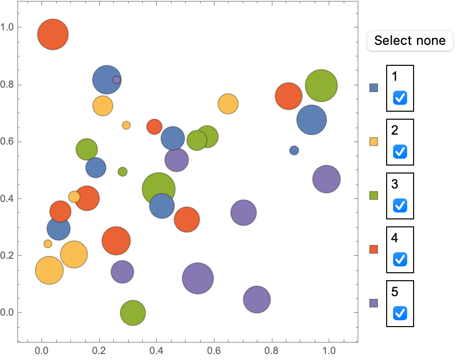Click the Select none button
click(x=410, y=40)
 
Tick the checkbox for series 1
click(x=400, y=98)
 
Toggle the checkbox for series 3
click(x=400, y=205)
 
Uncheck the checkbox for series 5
click(x=400, y=313)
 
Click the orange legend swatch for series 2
click(x=373, y=142)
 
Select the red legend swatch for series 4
click(x=373, y=249)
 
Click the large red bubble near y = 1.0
click(x=53, y=34)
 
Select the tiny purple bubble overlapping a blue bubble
click(x=117, y=80)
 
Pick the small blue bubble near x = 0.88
click(x=294, y=150)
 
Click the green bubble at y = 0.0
click(x=133, y=313)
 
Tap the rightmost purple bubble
click(x=326, y=179)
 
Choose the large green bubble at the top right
click(x=321, y=86)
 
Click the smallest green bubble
click(x=122, y=172)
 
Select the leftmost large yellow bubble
click(x=49, y=270)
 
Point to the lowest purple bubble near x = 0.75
click(x=257, y=300)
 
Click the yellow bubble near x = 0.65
click(x=228, y=104)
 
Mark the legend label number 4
click(x=395, y=238)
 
